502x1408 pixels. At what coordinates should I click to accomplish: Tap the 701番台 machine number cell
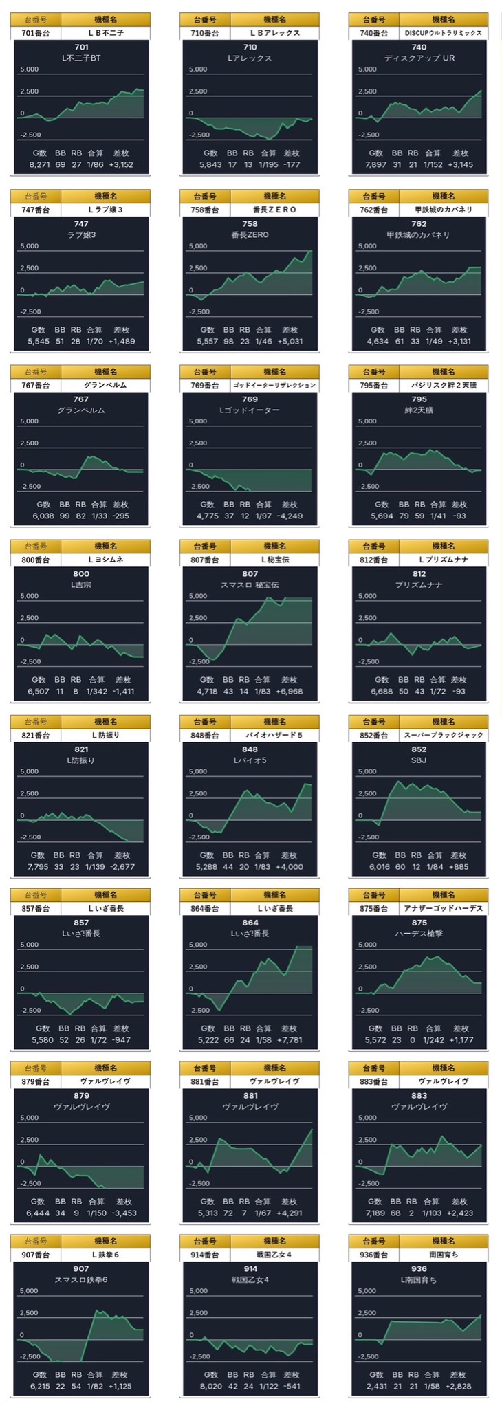[36, 32]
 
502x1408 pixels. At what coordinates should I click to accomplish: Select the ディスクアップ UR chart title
[419, 58]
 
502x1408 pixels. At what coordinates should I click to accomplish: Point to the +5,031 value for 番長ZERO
[291, 341]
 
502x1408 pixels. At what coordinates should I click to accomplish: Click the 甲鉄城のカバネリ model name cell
[444, 210]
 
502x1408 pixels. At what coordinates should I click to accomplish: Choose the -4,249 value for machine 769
[290, 516]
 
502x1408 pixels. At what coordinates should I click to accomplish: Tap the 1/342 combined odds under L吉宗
[97, 691]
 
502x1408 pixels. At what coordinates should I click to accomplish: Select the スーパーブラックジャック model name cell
[444, 735]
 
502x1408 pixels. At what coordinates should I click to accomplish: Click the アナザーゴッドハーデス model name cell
[444, 908]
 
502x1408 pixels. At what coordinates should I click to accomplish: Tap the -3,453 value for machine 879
[122, 1213]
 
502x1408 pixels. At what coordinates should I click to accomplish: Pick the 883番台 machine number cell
[374, 1081]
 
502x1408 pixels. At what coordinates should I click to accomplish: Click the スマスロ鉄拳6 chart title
[81, 1279]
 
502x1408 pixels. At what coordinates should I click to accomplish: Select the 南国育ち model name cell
[444, 1255]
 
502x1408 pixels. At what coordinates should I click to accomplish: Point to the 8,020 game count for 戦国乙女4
[207, 1387]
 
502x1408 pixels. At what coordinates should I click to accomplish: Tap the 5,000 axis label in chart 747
[30, 246]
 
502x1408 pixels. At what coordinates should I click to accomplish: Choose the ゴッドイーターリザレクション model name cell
[274, 385]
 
